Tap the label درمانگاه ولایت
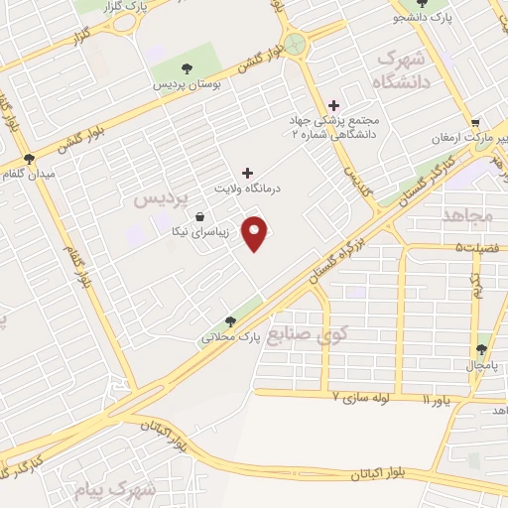247,187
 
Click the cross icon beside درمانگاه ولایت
247,173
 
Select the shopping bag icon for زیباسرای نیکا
201,216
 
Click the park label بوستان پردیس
185,85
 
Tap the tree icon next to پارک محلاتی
230,320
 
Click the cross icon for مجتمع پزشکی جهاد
333,105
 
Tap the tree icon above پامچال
481,349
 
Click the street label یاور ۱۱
437,400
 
